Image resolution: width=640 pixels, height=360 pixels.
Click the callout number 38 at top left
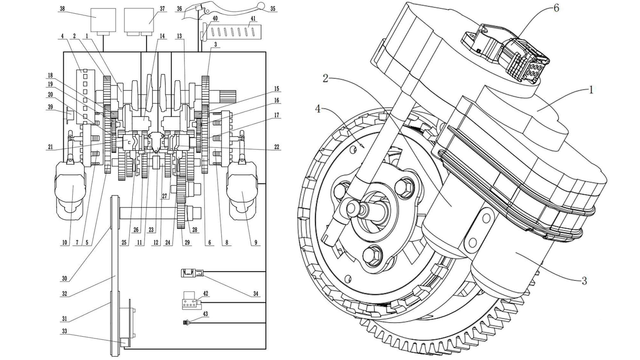coord(62,9)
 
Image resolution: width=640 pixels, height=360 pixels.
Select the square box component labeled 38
coord(103,20)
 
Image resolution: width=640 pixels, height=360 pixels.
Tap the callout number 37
coord(162,9)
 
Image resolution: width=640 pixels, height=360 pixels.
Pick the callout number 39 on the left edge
coord(50,107)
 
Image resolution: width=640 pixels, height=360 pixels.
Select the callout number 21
coord(50,147)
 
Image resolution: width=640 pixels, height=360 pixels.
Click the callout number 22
coord(276,147)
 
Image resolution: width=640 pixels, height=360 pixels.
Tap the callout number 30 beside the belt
coord(64,278)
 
